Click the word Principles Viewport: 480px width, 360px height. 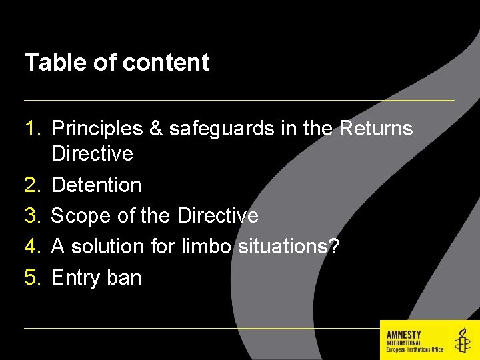[x=97, y=128]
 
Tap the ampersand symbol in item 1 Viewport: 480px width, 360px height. [x=155, y=128]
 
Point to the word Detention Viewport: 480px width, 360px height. [x=96, y=185]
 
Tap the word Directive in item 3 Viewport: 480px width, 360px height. [x=218, y=215]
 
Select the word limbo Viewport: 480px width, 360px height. [x=206, y=246]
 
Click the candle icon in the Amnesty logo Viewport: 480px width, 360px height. [x=461, y=340]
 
